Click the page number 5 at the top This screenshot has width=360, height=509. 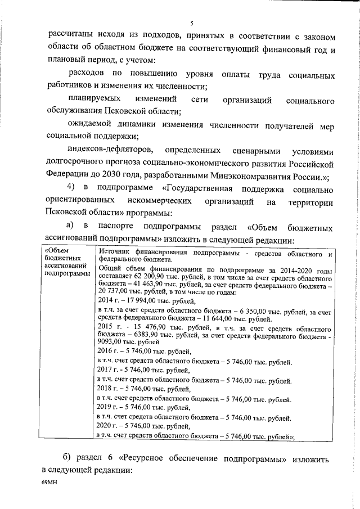click(191, 23)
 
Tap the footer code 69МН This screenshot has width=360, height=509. click(49, 482)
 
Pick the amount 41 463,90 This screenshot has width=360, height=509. click(134, 285)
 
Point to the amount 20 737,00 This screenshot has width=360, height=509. click(113, 293)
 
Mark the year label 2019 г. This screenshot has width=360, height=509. click(107, 407)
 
